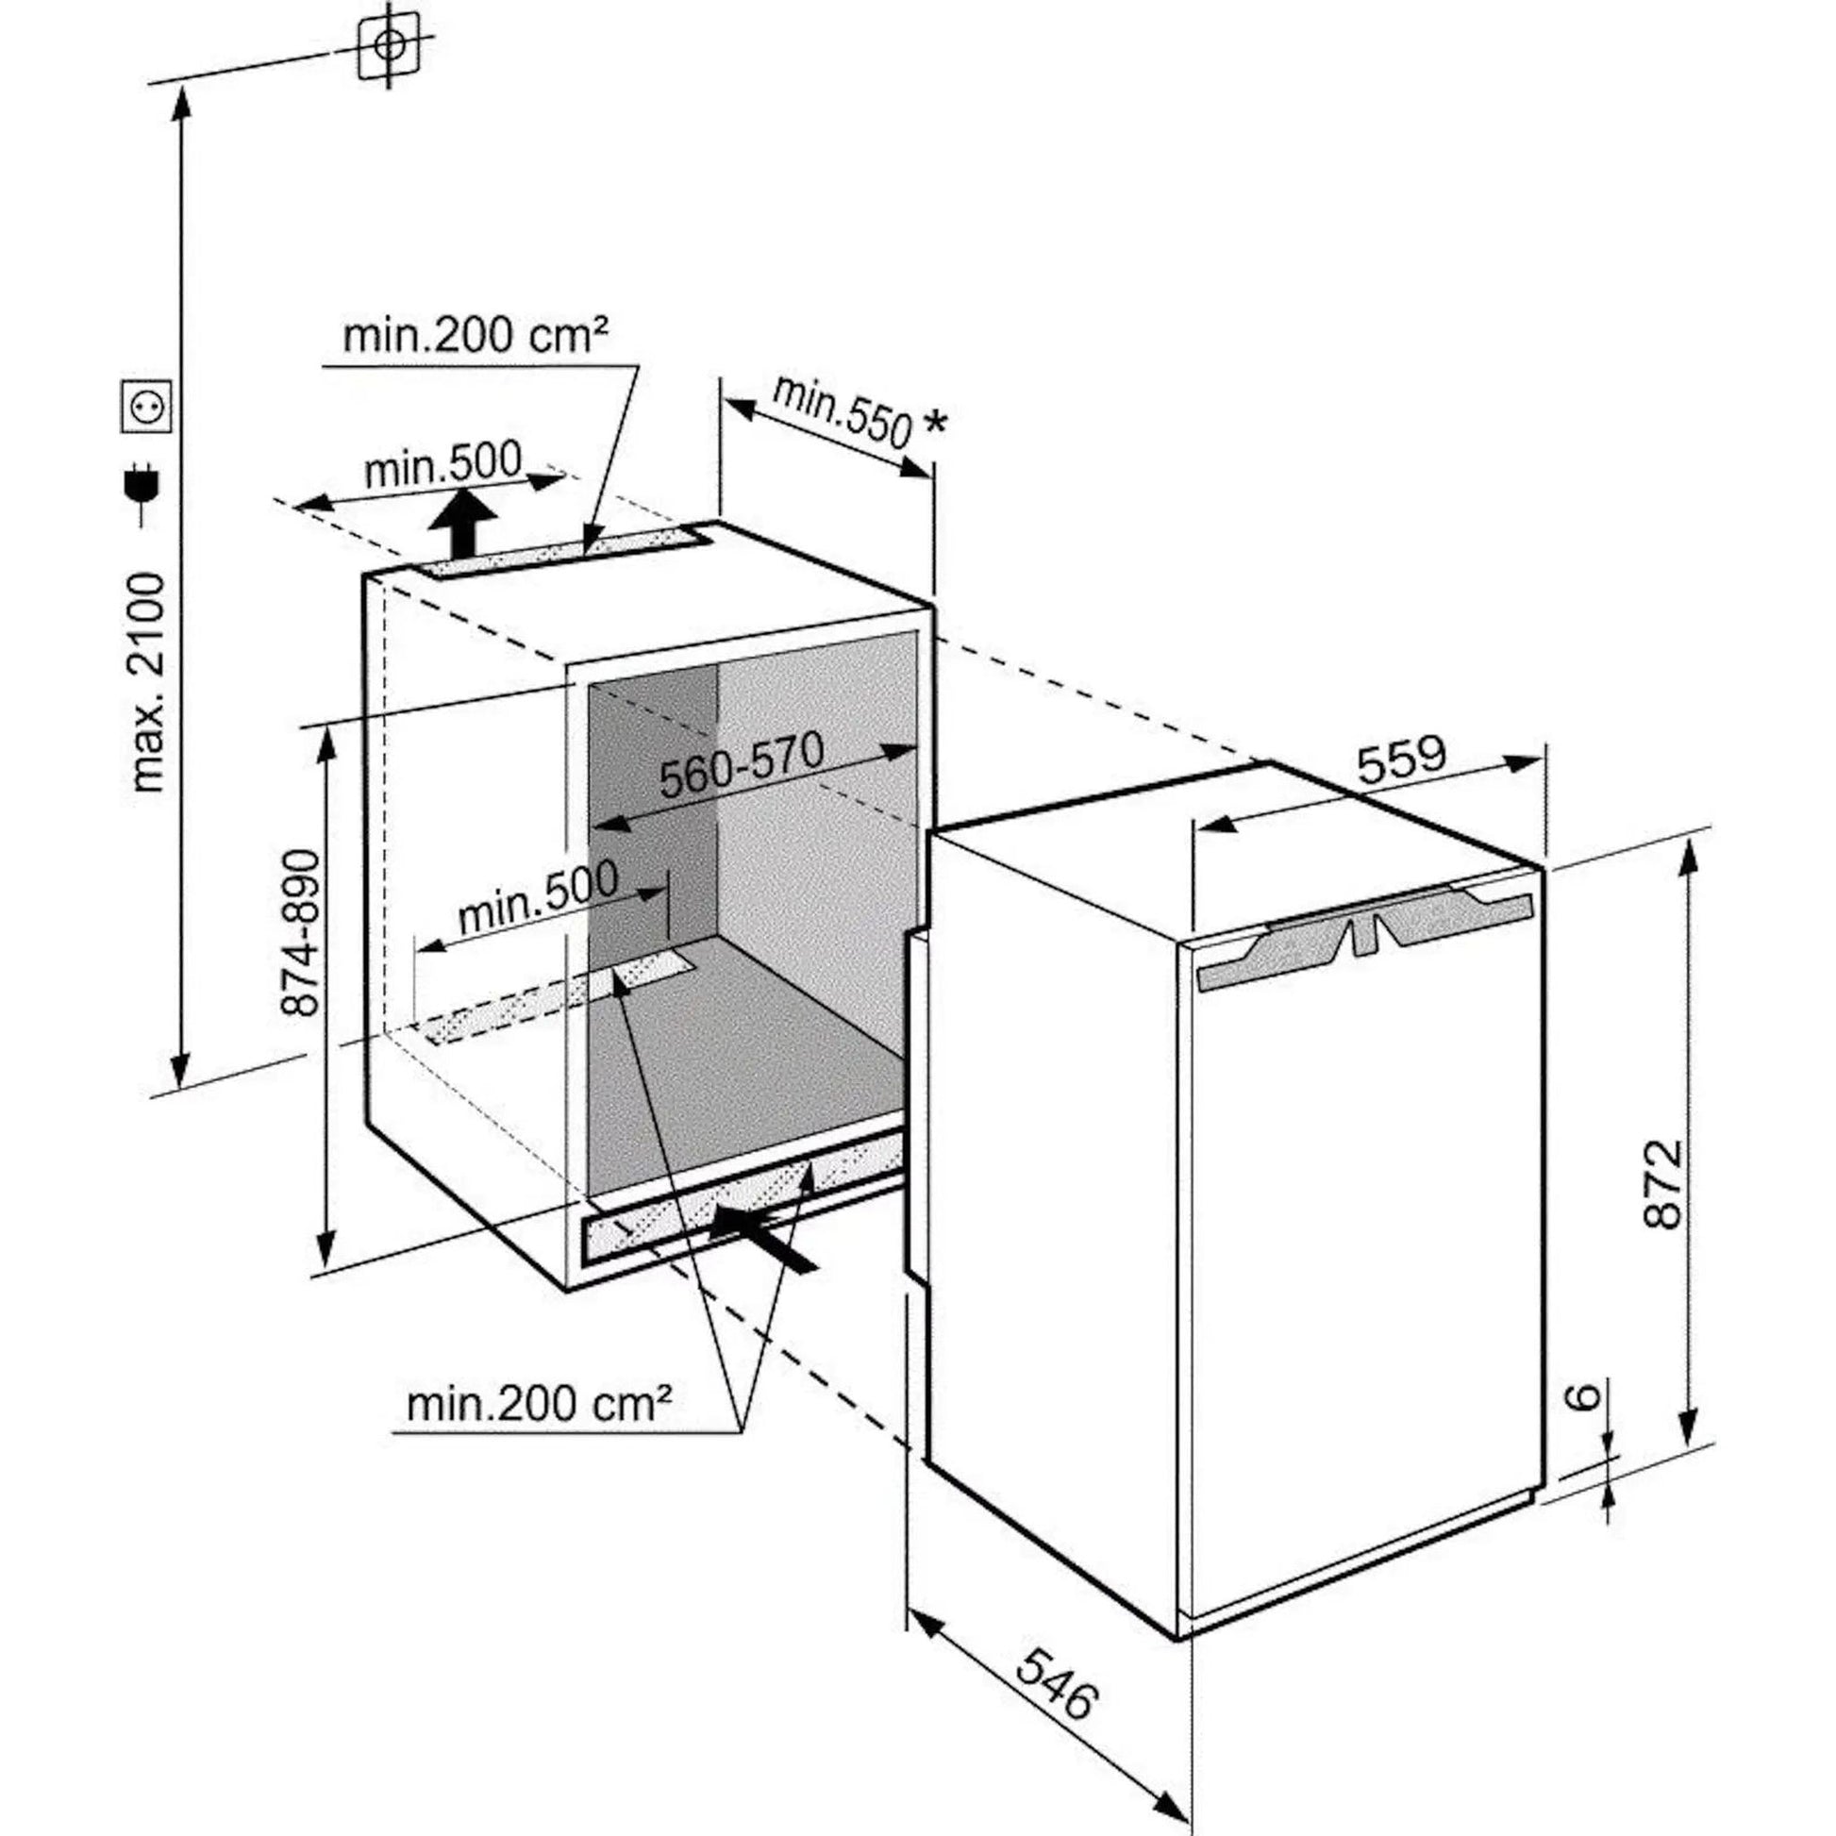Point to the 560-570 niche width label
(x=742, y=766)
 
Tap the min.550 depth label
(x=842, y=411)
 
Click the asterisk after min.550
(x=935, y=424)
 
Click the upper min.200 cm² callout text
(x=476, y=337)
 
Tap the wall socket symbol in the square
(x=147, y=406)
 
